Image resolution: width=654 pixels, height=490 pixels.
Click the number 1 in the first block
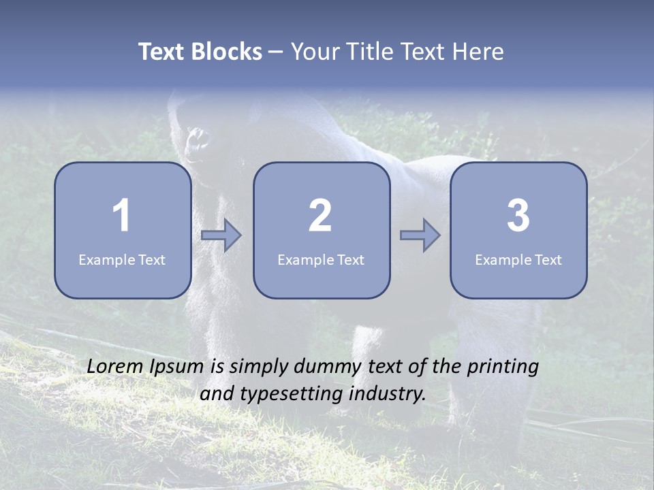[122, 216]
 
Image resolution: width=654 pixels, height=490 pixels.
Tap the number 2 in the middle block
[320, 216]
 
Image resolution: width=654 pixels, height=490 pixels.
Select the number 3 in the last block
[518, 216]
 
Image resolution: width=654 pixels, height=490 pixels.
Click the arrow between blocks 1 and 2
[221, 235]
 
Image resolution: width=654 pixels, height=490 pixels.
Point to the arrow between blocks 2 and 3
[420, 235]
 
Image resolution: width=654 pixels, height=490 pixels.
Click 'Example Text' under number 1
[122, 260]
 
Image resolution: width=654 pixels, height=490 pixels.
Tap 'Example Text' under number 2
[321, 260]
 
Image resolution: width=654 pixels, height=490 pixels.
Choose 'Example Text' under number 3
[518, 260]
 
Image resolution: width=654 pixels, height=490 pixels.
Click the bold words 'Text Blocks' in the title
[200, 52]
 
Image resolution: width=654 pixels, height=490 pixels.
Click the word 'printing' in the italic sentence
[503, 367]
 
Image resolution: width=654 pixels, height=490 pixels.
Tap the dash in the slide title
[277, 52]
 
